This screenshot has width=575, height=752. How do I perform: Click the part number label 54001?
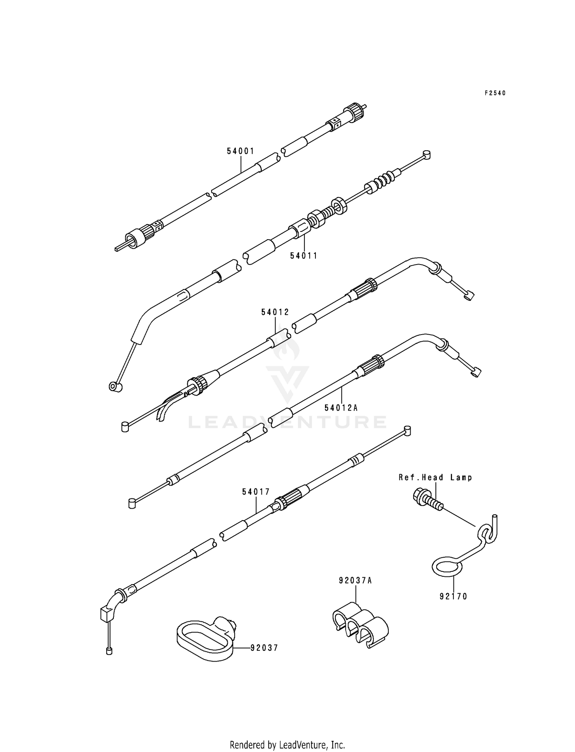(240, 151)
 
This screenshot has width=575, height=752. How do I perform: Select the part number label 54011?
(304, 255)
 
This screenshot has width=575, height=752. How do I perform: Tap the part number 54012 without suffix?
(275, 312)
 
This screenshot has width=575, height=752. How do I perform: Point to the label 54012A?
(341, 408)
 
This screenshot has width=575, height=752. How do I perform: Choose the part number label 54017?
(256, 491)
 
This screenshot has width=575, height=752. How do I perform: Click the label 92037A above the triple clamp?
(355, 580)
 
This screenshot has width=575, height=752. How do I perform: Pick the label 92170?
(453, 596)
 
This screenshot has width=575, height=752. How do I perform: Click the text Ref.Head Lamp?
(435, 478)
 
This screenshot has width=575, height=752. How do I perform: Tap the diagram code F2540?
(495, 93)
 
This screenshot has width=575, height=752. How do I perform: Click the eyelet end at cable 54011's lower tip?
(115, 386)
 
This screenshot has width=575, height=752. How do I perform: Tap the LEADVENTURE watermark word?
(287, 422)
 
